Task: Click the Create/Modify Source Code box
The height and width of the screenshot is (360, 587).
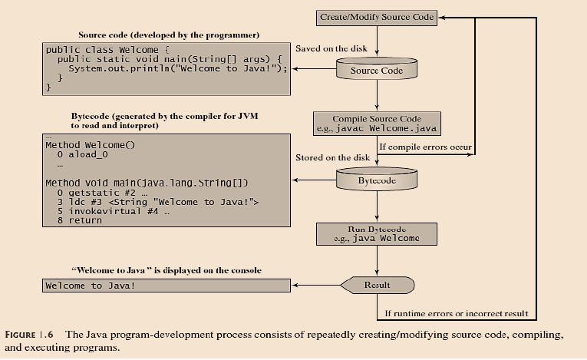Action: pos(377,16)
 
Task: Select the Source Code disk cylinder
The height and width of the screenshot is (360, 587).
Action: pos(377,71)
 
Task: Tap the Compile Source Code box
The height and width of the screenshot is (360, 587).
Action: pos(377,124)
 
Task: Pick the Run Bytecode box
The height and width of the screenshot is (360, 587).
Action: pos(377,233)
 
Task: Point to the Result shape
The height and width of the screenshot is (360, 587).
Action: pos(377,286)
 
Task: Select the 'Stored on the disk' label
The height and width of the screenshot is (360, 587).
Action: pos(332,157)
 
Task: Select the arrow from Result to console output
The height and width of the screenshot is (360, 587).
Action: pos(316,286)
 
